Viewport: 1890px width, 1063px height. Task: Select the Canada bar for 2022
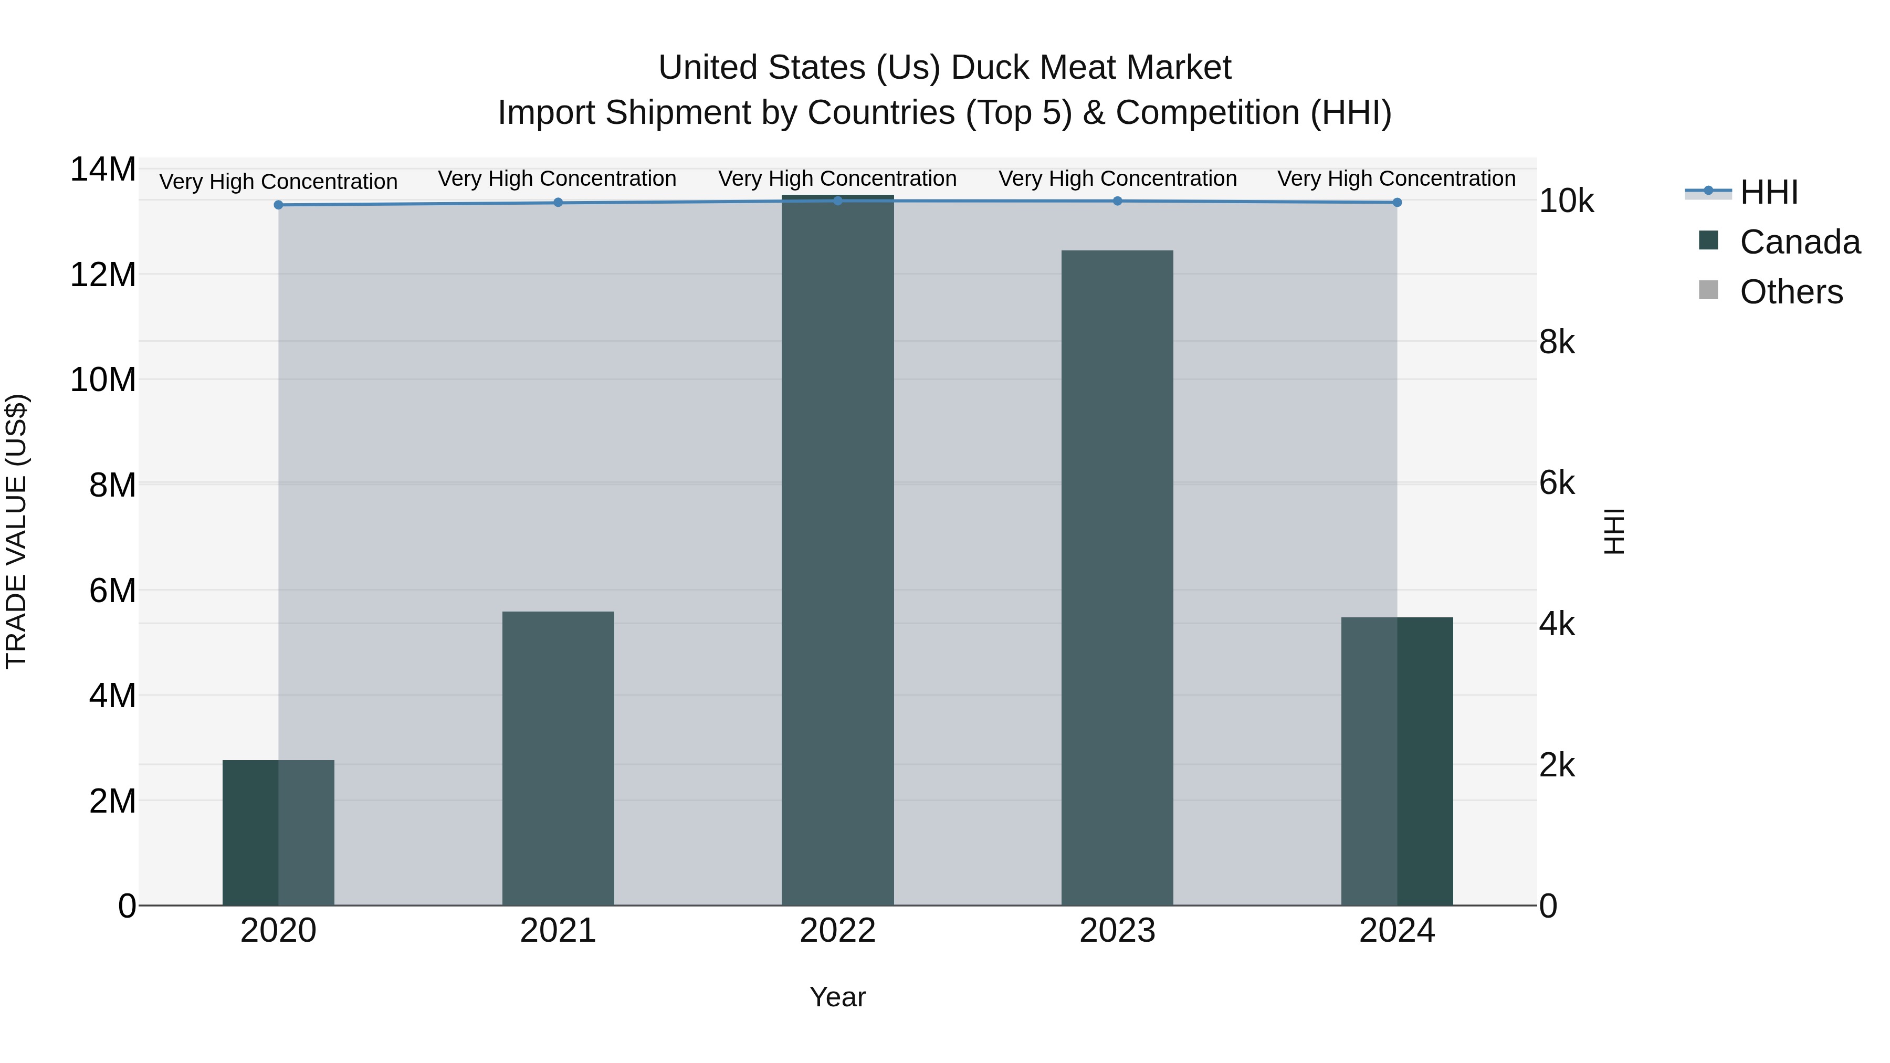pos(837,550)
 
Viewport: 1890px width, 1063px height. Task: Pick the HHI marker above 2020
pos(278,205)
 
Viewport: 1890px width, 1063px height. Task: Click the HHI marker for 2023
pos(1117,201)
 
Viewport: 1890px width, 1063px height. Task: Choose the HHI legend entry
pos(1768,192)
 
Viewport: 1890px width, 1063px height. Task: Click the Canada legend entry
pos(1799,242)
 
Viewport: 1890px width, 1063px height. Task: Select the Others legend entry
pos(1790,292)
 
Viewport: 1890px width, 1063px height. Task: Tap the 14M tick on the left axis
pos(103,170)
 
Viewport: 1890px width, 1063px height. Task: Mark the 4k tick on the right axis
pos(1557,624)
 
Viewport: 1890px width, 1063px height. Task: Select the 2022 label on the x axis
pos(837,931)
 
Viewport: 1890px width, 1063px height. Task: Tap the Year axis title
pos(837,997)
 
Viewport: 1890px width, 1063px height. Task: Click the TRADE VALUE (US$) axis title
pos(17,531)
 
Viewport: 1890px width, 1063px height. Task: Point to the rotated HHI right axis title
pos(1614,531)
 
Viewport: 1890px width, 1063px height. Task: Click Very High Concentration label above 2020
pos(278,181)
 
